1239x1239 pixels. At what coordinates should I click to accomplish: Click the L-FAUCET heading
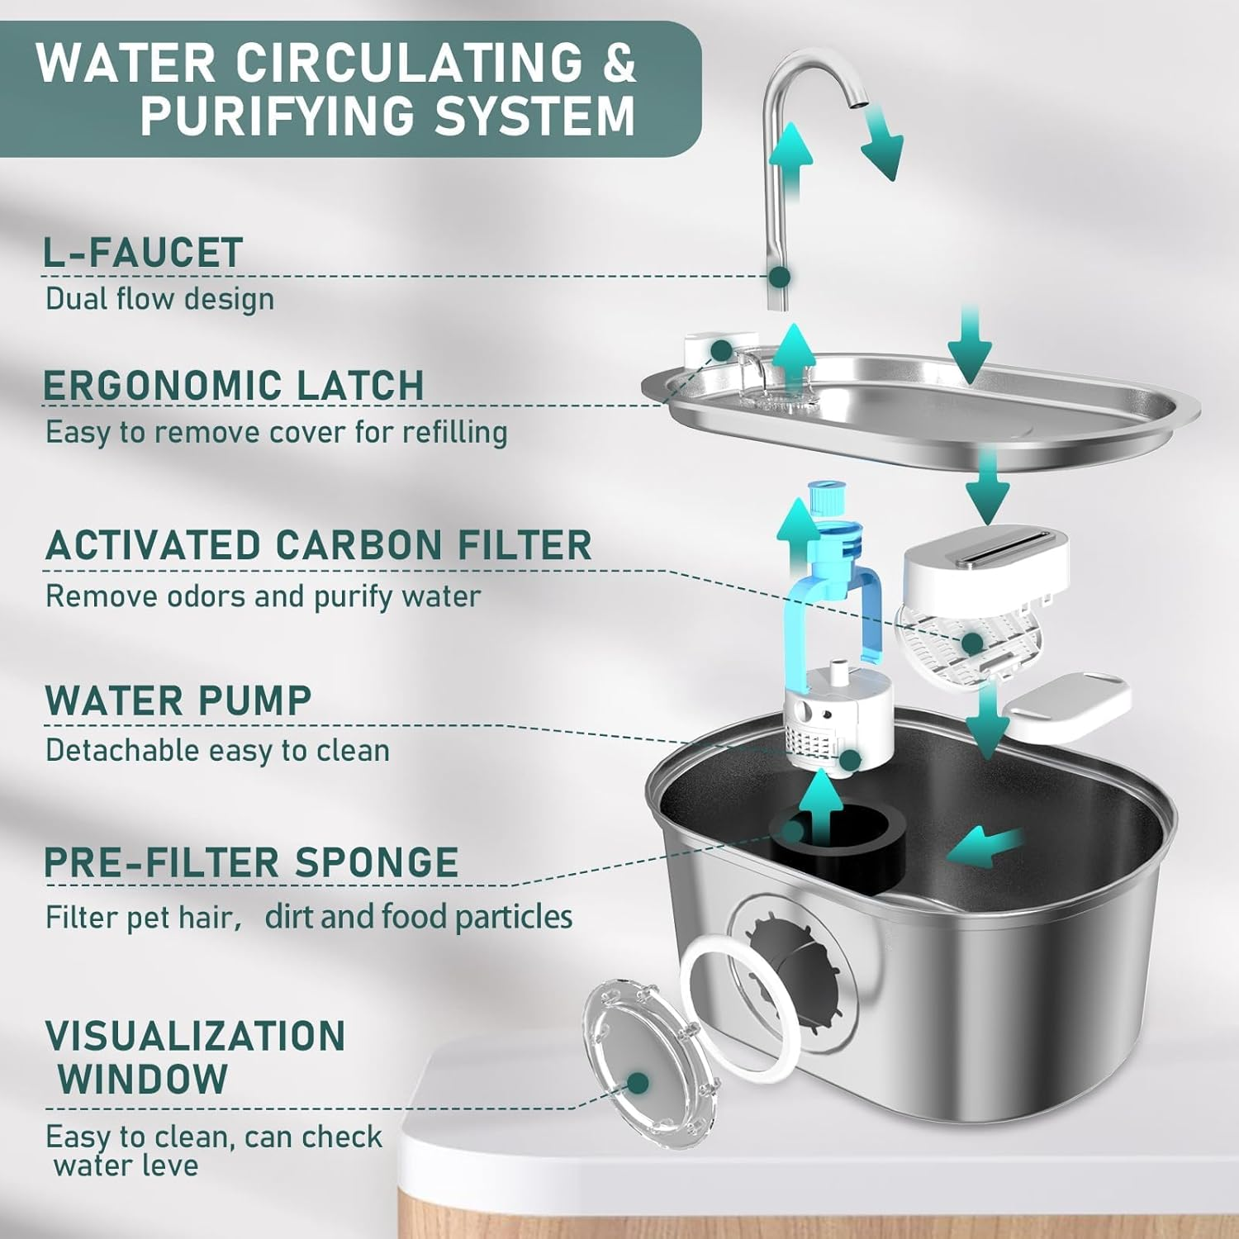click(x=143, y=253)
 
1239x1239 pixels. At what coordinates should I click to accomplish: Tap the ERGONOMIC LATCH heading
click(x=234, y=386)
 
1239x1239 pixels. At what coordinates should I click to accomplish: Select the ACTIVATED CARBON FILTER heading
click(x=318, y=545)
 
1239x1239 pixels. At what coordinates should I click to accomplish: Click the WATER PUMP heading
click(x=178, y=700)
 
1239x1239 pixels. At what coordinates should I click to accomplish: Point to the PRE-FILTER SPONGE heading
click(x=251, y=862)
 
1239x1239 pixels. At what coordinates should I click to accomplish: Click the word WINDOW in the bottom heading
click(x=143, y=1079)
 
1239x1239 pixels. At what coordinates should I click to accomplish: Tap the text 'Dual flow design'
click(x=159, y=299)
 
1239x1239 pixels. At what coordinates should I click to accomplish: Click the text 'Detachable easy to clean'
click(x=217, y=751)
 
